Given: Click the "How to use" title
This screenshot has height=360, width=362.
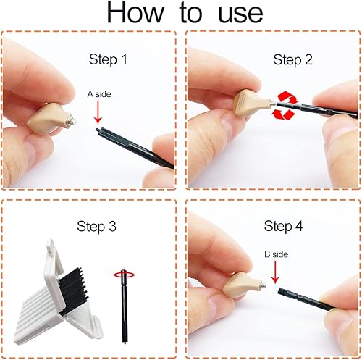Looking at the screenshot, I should (x=180, y=15).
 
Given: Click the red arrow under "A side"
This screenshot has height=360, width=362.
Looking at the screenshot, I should (x=97, y=114).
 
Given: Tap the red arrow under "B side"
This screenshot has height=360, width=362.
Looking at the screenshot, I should (x=277, y=273).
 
